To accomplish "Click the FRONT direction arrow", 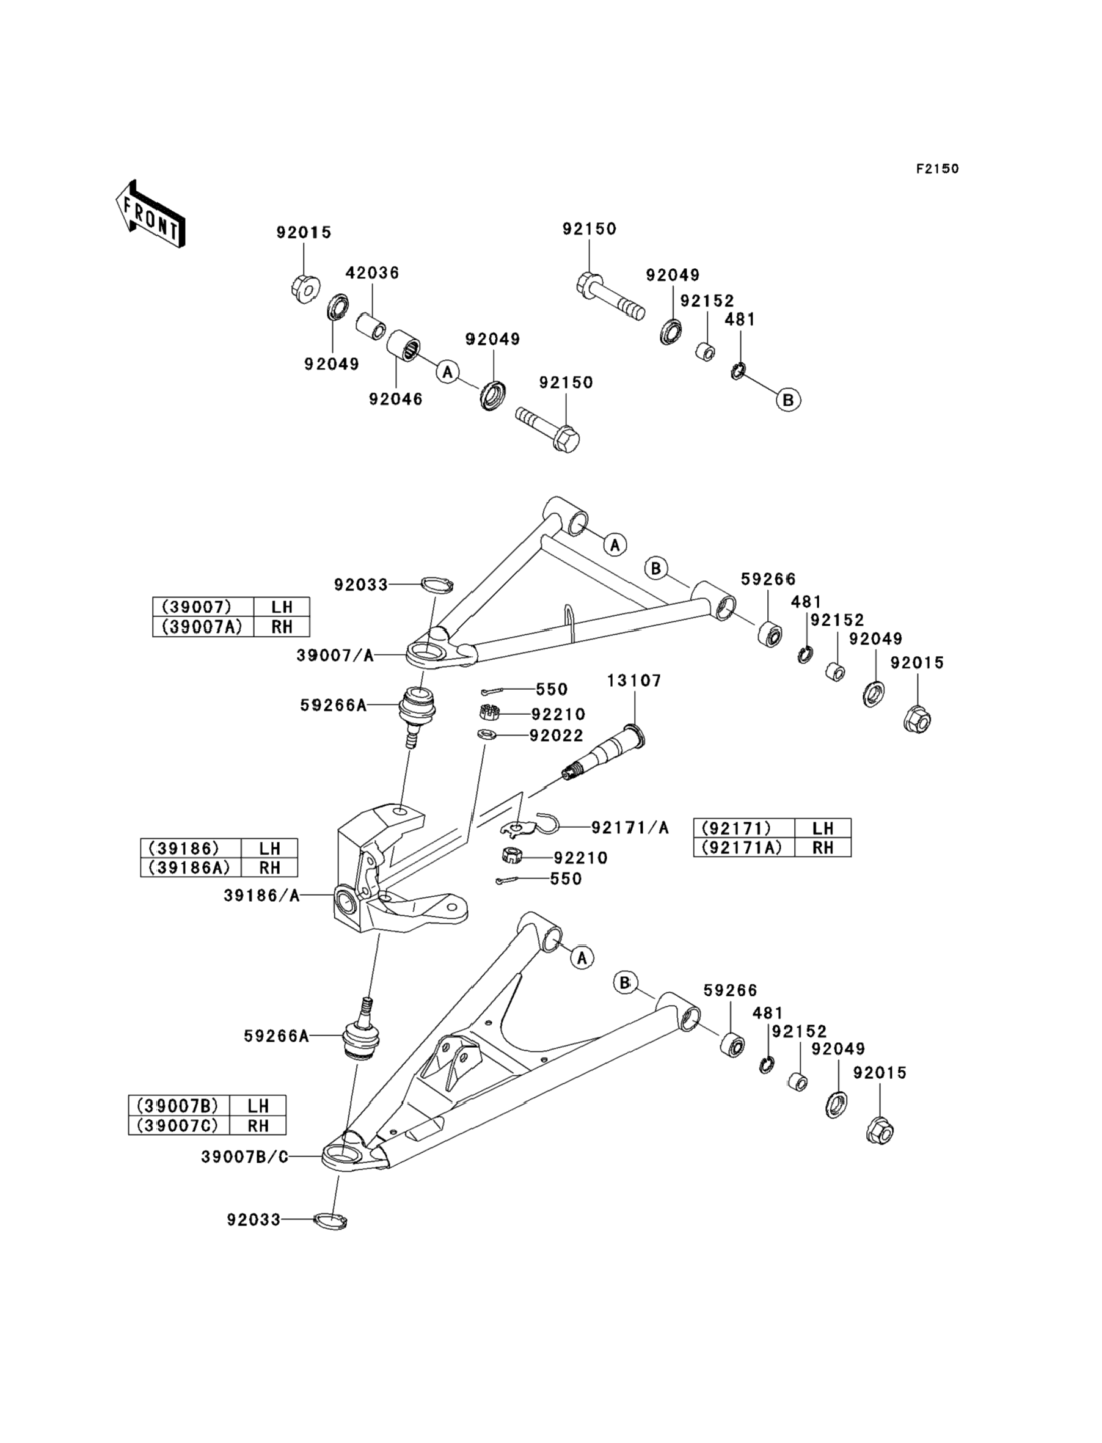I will point(150,214).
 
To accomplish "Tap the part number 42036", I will point(373,272).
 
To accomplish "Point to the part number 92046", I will point(396,399).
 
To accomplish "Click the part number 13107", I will point(633,681).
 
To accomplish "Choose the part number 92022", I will point(556,736).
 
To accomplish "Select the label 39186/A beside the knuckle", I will point(261,896).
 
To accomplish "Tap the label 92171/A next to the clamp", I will point(630,828).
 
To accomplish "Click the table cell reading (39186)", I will point(191,848).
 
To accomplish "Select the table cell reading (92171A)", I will point(743,847).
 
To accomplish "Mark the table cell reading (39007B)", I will point(179,1106).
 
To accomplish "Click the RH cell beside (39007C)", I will point(258,1125).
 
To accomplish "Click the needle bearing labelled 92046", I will point(404,345).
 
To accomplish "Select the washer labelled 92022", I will point(486,734).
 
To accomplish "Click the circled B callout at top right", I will point(789,400).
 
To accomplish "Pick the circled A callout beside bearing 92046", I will point(447,372).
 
